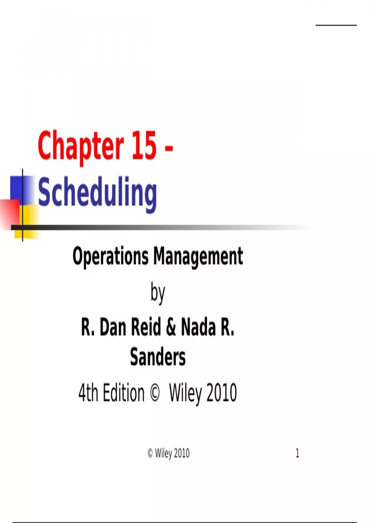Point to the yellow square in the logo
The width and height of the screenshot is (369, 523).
[x=27, y=222]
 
